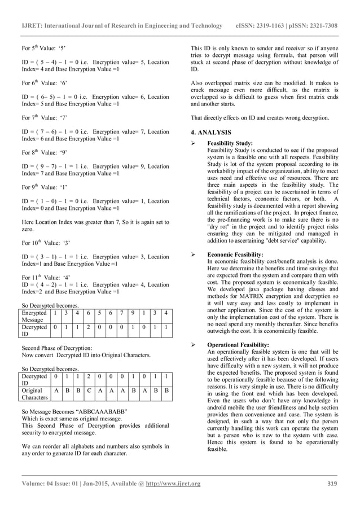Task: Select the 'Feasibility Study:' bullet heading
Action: (x=230, y=143)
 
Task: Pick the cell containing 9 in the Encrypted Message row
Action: (x=131, y=312)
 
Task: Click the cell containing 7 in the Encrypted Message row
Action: (x=121, y=312)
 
